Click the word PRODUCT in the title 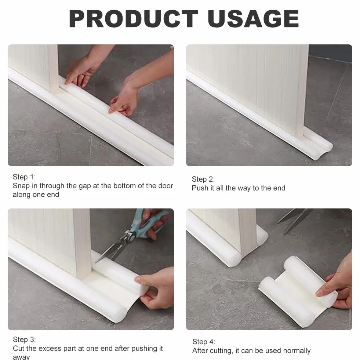click(x=133, y=19)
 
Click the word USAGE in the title click(x=253, y=19)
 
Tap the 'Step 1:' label click(x=24, y=177)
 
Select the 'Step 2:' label click(x=203, y=179)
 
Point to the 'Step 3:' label click(x=24, y=339)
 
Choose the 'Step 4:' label click(x=204, y=342)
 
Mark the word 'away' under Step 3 click(x=21, y=357)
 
